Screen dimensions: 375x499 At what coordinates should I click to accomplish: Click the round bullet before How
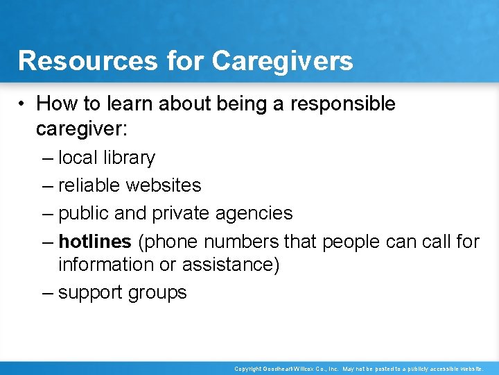pos(24,105)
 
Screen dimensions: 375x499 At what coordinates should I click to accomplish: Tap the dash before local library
pos(46,158)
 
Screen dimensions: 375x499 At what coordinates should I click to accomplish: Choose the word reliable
pos(89,185)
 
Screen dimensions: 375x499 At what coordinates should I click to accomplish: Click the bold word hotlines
pos(95,241)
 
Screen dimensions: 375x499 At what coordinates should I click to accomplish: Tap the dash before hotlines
pos(46,241)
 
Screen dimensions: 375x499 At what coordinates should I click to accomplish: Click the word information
pos(110,265)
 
